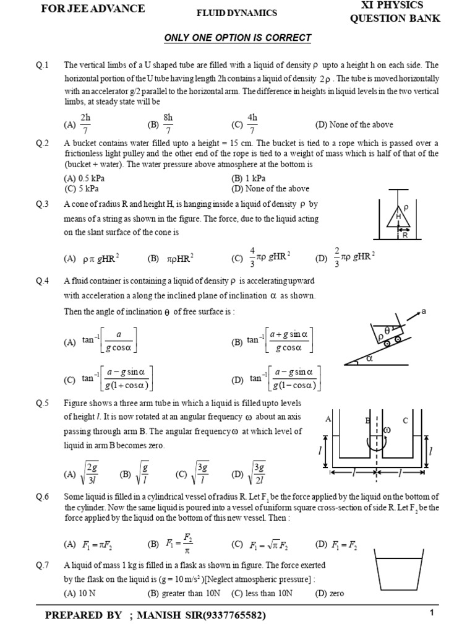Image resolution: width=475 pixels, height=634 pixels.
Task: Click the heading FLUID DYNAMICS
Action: coord(237,13)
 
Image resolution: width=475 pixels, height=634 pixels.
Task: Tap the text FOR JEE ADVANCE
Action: coord(93,9)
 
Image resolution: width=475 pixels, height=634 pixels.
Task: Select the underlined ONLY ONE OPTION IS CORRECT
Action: coord(237,38)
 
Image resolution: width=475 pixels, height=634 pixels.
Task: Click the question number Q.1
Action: coord(43,65)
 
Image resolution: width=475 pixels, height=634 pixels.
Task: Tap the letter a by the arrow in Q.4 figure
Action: coord(424,311)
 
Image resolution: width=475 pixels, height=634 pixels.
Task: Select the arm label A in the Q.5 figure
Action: coord(328,420)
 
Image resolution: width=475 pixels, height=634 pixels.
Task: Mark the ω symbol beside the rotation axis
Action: coord(387,429)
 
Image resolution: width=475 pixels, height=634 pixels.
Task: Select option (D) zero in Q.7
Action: coord(329,593)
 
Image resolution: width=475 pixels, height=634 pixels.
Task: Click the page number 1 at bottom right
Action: coord(432,613)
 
